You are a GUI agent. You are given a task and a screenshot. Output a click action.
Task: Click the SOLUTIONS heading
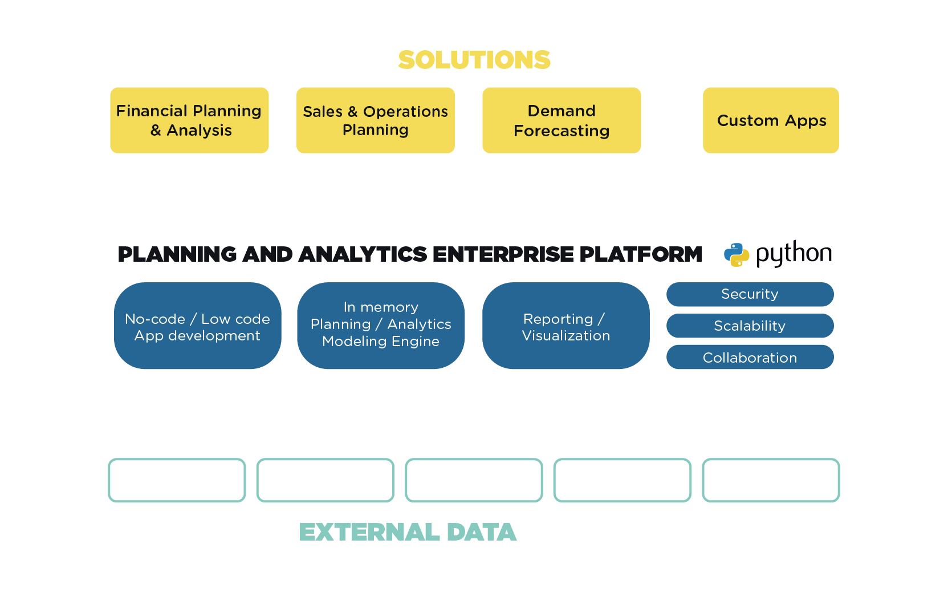(x=474, y=60)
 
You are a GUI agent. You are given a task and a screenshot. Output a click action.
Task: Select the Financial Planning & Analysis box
(x=189, y=120)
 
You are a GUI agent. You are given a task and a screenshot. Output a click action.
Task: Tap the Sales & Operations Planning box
(x=375, y=120)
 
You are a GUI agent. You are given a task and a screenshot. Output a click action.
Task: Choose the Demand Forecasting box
(x=562, y=120)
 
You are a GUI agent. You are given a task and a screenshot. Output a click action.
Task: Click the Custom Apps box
(x=771, y=120)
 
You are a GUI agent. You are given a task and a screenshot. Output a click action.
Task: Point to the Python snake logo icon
(x=736, y=254)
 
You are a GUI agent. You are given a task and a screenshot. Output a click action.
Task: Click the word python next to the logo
(x=794, y=253)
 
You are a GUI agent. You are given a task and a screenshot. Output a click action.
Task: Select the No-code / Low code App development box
(x=197, y=326)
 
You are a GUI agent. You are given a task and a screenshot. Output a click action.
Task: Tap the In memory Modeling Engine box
(x=381, y=325)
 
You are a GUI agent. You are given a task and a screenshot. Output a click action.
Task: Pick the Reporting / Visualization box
(x=565, y=326)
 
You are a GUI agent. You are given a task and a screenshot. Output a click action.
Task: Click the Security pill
(x=750, y=294)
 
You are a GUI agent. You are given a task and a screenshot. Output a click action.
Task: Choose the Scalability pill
(x=750, y=326)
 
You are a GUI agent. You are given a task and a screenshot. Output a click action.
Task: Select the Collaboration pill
(x=750, y=358)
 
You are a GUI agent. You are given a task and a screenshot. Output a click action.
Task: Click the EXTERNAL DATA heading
(x=408, y=532)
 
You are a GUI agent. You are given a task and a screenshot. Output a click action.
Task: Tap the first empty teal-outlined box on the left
(x=177, y=480)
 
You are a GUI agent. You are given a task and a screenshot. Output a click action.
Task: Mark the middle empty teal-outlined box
(x=474, y=480)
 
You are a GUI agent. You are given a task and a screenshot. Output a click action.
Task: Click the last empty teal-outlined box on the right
(x=771, y=480)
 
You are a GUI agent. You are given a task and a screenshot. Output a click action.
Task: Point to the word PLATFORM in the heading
(x=641, y=254)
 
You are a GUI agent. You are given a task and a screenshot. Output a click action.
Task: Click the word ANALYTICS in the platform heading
(x=363, y=254)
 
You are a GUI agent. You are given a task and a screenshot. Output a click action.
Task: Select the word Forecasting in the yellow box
(x=562, y=131)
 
